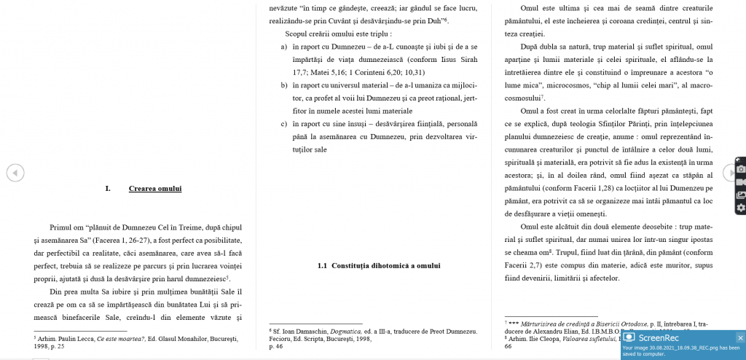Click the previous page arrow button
tap(15, 173)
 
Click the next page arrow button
tap(729, 173)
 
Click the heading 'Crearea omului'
tap(154, 189)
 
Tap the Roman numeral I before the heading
tap(108, 189)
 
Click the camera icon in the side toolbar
tap(741, 168)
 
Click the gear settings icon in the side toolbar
tap(741, 208)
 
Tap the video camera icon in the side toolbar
tap(741, 181)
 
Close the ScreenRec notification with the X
tap(740, 337)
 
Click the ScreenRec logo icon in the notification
tap(629, 337)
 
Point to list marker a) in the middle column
tap(284, 47)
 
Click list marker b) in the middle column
tap(284, 85)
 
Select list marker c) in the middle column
tap(284, 124)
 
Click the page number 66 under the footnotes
tap(508, 346)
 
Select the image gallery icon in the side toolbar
tap(741, 195)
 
